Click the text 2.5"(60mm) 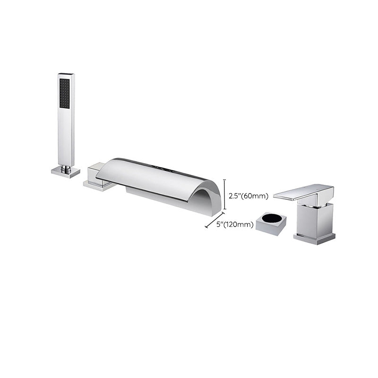coord(249,195)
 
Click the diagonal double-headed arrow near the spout coord(214,221)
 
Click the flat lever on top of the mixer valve coord(303,191)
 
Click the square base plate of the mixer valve coord(314,238)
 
